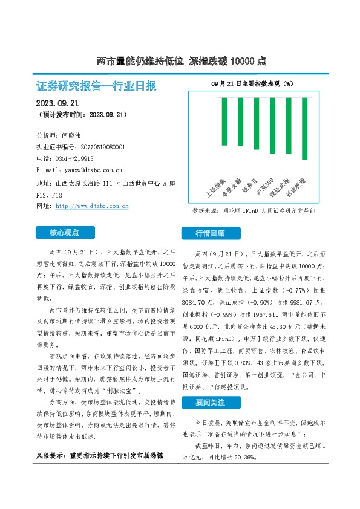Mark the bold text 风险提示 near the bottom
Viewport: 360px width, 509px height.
pyautogui.click(x=48, y=488)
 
